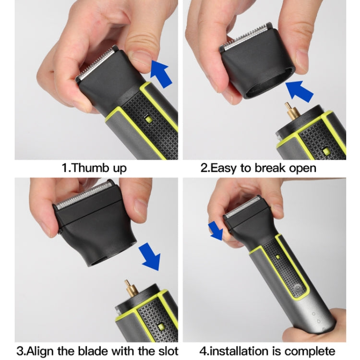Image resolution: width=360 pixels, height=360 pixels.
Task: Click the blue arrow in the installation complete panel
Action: point(216,230)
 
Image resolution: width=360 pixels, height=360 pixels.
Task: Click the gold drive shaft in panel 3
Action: point(128,287)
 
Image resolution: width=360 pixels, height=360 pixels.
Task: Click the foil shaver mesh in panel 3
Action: point(84,197)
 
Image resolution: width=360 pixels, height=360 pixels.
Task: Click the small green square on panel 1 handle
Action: point(150,118)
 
